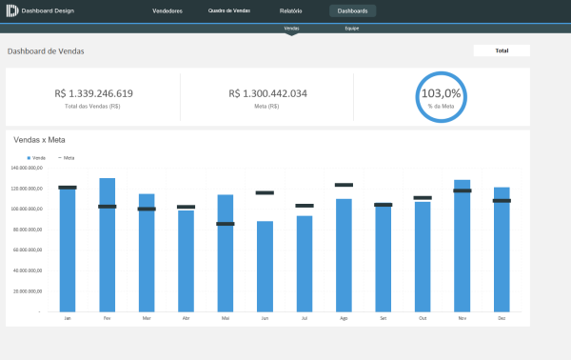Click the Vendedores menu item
[167, 11]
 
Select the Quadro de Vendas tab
[229, 11]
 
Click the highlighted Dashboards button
[352, 11]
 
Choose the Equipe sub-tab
[352, 30]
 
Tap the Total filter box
[501, 50]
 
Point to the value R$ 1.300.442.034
[267, 93]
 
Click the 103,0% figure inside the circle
[441, 93]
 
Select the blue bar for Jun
[265, 267]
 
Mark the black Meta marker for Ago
[344, 185]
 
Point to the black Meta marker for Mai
[226, 224]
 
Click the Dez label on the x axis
[501, 318]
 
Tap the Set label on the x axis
[383, 318]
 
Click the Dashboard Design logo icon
[11, 11]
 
